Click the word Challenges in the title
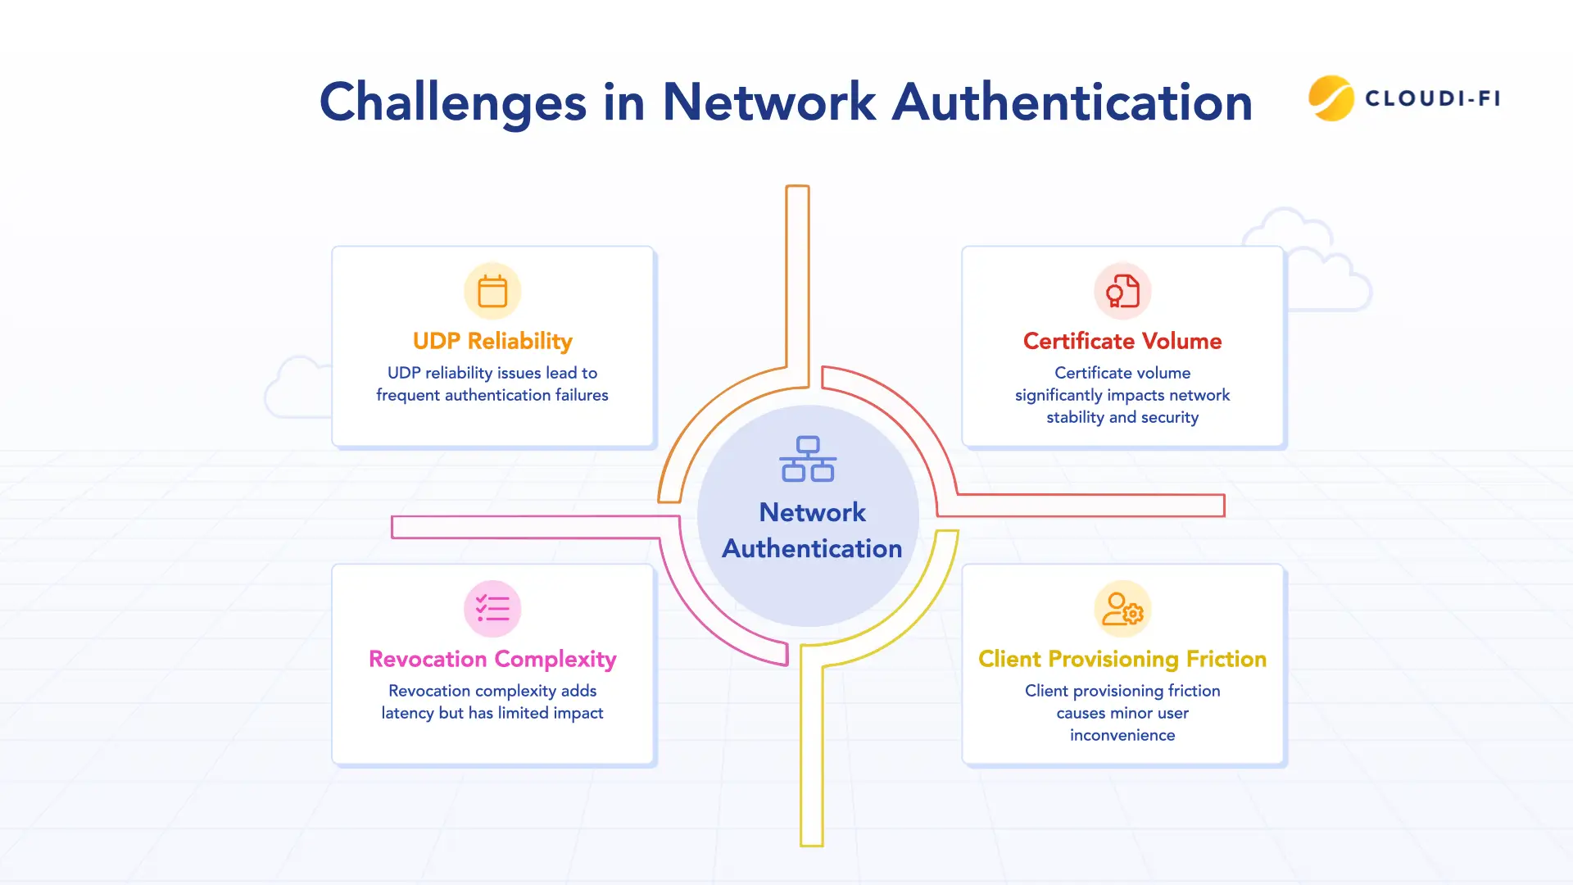click(x=452, y=103)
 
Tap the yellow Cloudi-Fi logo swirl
click(x=1330, y=98)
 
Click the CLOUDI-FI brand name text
click(x=1433, y=98)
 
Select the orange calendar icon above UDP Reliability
click(x=492, y=292)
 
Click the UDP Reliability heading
click(x=492, y=341)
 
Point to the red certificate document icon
click(x=1122, y=292)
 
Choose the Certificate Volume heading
click(x=1122, y=341)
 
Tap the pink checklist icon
click(x=492, y=609)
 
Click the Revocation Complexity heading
click(x=492, y=659)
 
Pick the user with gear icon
click(x=1122, y=609)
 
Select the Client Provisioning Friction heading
click(x=1122, y=659)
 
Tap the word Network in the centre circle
click(x=812, y=512)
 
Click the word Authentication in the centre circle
click(x=812, y=548)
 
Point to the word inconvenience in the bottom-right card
click(x=1122, y=735)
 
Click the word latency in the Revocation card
click(x=407, y=713)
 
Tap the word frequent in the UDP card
click(x=407, y=395)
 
